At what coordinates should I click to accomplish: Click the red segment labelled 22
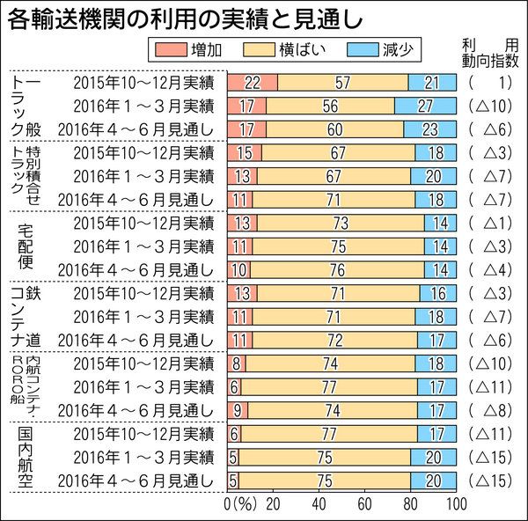click(253, 83)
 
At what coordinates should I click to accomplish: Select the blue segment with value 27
click(425, 106)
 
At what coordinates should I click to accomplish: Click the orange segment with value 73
click(341, 223)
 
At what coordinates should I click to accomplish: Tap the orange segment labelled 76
click(338, 269)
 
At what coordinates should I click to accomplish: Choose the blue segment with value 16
click(438, 293)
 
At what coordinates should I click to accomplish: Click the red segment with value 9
click(238, 410)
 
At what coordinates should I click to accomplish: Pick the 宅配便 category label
click(27, 246)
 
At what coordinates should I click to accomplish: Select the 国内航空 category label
click(27, 457)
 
